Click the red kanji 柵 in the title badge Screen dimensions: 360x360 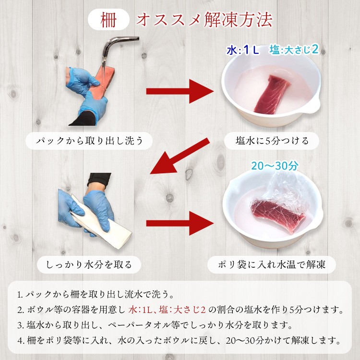[108, 20]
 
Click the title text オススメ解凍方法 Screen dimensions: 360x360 [204, 20]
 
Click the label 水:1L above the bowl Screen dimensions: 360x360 [243, 50]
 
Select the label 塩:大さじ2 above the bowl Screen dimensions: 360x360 [294, 49]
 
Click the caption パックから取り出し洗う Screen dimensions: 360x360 [90, 141]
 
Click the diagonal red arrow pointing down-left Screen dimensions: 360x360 [180, 156]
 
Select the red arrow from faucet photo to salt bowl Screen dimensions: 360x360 [180, 91]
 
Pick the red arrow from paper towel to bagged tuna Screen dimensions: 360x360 [180, 223]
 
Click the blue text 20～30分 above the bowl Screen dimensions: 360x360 [275, 166]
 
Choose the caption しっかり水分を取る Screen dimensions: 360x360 [89, 264]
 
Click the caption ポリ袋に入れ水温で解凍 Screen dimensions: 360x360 [272, 264]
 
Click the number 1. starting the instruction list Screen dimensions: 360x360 [20, 295]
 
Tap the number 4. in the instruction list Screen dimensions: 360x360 [21, 341]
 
